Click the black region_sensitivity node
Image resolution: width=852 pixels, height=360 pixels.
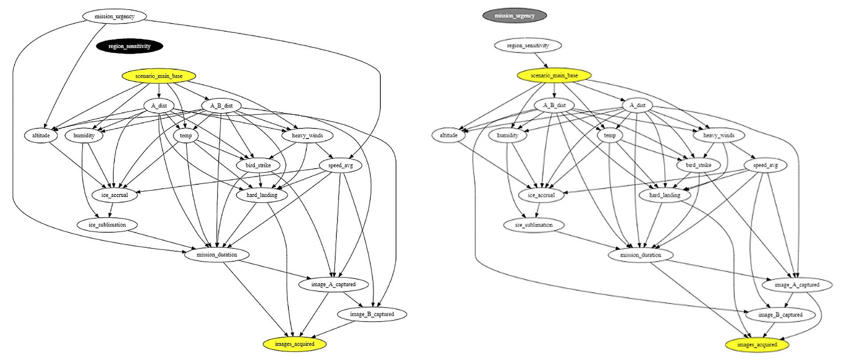[129, 46]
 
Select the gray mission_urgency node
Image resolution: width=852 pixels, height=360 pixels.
[514, 16]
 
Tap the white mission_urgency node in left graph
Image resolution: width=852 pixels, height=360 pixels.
[114, 16]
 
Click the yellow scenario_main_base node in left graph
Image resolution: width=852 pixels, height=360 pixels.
[158, 76]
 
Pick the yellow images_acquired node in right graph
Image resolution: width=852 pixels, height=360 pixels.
[757, 344]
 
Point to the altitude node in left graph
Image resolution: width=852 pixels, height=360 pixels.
[41, 135]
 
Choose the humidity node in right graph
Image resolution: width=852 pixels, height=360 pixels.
[507, 135]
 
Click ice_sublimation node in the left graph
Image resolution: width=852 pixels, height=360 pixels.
[107, 225]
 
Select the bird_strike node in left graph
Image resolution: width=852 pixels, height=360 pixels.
[258, 165]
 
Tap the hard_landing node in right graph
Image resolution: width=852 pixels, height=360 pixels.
[664, 195]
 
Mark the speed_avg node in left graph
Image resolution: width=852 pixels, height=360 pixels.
[340, 165]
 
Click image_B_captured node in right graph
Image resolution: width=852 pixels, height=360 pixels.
[780, 315]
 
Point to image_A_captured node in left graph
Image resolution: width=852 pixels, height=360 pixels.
[333, 284]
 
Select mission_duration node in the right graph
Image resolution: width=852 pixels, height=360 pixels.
[640, 255]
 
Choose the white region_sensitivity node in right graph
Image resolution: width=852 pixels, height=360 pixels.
[528, 45]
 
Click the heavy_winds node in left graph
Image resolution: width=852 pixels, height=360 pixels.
[307, 135]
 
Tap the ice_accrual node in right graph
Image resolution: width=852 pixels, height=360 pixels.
[541, 195]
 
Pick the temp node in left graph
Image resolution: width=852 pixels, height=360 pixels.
[185, 135]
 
